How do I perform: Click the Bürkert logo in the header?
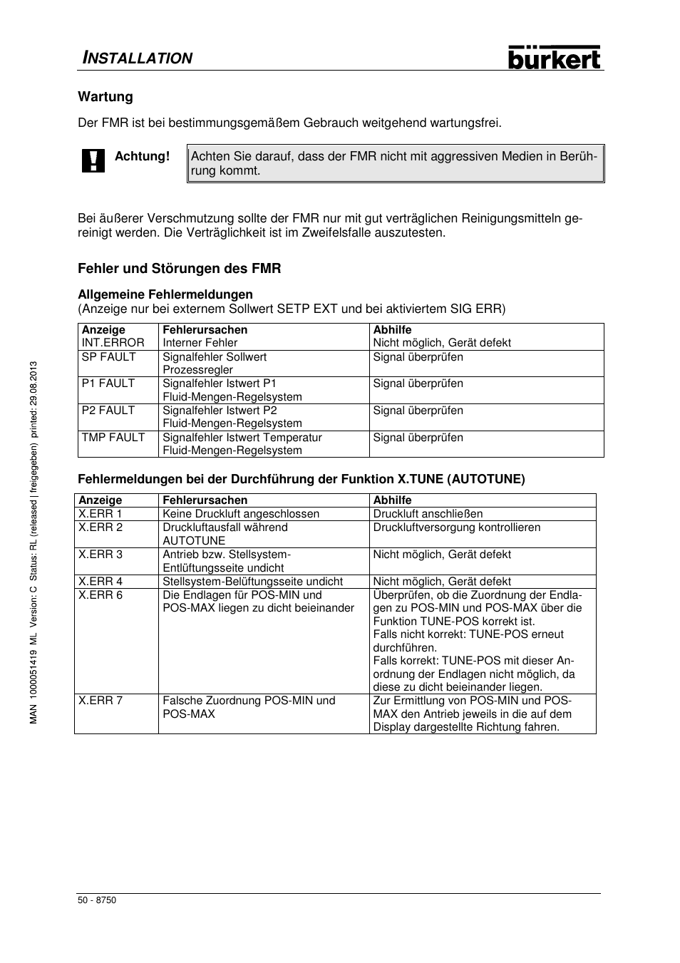click(555, 58)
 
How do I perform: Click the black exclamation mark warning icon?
click(93, 161)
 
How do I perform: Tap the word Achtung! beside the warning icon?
click(143, 156)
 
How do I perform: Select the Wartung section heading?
click(105, 97)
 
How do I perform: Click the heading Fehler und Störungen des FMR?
click(180, 269)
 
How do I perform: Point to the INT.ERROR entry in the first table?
click(113, 343)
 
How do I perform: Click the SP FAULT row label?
click(108, 357)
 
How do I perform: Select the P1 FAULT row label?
click(108, 383)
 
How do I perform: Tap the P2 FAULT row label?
click(108, 411)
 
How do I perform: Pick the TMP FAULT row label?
click(113, 438)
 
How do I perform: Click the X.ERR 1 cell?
click(101, 514)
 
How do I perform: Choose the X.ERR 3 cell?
click(101, 555)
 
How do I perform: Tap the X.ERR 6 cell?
click(101, 595)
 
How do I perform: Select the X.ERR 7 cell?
click(101, 701)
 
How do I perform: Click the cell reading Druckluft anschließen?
click(428, 514)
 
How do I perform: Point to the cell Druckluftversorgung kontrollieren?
click(457, 527)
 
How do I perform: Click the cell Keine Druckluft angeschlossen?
click(241, 514)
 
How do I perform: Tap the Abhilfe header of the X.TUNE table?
click(393, 500)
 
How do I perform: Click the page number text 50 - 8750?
click(97, 900)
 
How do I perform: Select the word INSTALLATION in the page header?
click(135, 58)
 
